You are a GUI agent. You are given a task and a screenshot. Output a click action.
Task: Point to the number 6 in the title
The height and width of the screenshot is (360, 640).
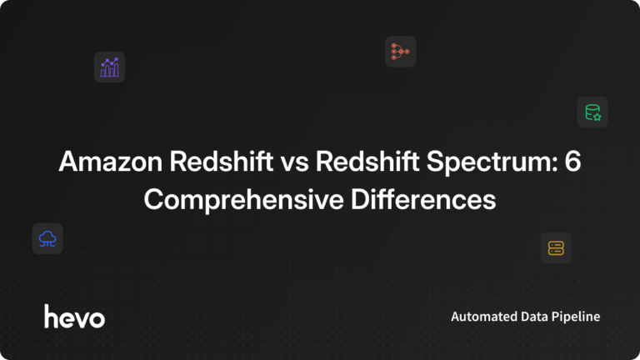(x=572, y=163)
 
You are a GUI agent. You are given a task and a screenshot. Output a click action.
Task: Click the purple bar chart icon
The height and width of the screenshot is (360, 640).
(x=109, y=67)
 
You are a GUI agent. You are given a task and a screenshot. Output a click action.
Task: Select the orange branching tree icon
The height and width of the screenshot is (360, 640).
(x=400, y=52)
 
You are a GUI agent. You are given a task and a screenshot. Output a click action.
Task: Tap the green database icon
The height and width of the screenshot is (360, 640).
(x=592, y=112)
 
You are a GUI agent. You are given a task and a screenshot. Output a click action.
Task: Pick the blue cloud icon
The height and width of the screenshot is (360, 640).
(x=47, y=239)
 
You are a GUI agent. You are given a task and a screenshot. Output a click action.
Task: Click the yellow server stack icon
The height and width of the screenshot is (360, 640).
(x=556, y=247)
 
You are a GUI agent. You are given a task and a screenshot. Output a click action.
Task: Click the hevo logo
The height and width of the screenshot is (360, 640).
(x=74, y=317)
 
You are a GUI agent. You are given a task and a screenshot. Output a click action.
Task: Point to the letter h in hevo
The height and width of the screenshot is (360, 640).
(x=51, y=316)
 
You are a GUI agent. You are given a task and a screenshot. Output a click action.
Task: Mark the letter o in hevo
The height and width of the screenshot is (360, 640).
(x=97, y=318)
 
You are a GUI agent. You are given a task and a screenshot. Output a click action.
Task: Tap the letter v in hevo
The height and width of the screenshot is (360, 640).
(x=82, y=318)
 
